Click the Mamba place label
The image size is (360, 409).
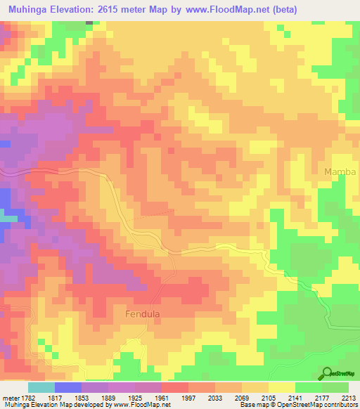click(x=340, y=172)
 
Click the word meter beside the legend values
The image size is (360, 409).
click(x=10, y=398)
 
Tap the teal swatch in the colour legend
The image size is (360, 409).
click(x=41, y=387)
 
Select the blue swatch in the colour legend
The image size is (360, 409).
click(x=68, y=387)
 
